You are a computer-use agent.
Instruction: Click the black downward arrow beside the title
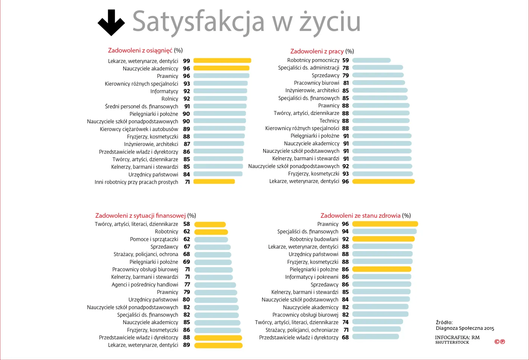111,23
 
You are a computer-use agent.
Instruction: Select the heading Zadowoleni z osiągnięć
140,50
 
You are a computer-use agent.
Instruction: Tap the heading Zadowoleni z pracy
317,51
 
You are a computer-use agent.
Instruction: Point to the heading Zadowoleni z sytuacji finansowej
140,216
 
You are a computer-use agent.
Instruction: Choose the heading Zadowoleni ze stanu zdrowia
360,216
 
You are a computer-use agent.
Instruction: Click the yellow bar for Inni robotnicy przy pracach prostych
214,182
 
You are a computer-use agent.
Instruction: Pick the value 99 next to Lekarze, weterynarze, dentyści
186,61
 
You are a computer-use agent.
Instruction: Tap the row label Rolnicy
170,99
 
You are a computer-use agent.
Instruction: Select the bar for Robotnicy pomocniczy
371,60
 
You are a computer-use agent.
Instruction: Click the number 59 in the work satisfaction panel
345,60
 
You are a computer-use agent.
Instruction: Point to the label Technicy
329,121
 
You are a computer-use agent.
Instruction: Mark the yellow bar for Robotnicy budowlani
383,239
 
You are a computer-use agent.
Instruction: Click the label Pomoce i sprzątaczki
154,239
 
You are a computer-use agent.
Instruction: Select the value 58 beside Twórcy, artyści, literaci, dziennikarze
186,224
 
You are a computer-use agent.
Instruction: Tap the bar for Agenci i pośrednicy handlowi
215,285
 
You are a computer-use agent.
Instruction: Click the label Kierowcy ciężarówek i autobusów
139,129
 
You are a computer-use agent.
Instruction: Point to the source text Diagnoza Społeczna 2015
465,328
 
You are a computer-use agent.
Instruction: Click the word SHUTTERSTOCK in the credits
452,342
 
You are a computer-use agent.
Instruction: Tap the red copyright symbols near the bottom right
500,342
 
